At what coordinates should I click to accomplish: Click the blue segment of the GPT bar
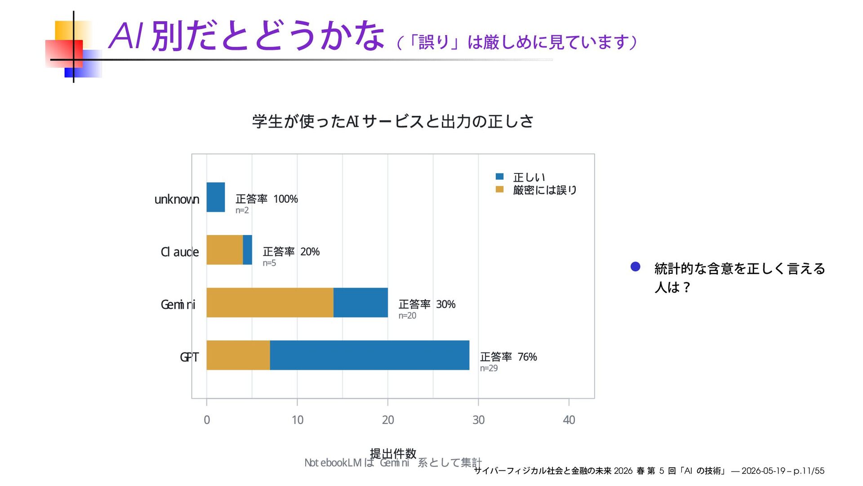tap(369, 355)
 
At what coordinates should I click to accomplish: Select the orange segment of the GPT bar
tap(238, 355)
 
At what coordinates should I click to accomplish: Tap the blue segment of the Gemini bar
tap(360, 303)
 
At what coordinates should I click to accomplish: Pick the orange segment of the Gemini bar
tap(270, 303)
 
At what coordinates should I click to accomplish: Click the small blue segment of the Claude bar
tap(248, 250)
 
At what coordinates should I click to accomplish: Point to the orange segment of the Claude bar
tap(225, 250)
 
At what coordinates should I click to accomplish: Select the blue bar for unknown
tap(216, 197)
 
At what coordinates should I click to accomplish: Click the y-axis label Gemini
tap(178, 305)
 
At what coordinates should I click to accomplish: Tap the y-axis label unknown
tap(177, 199)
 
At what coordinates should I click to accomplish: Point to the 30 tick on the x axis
tap(478, 420)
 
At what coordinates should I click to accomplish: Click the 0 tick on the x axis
tap(207, 420)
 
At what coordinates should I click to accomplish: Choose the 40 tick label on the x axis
tap(569, 420)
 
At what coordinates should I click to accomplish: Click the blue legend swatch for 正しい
tap(499, 177)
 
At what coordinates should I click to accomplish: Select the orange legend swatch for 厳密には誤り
tap(499, 189)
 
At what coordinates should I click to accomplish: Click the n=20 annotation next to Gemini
tap(407, 316)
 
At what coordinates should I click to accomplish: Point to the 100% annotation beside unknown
tap(285, 199)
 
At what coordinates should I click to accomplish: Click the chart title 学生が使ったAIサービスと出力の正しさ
tap(393, 121)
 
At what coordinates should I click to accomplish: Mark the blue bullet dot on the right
tap(636, 267)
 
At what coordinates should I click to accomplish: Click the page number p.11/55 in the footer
tap(809, 471)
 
